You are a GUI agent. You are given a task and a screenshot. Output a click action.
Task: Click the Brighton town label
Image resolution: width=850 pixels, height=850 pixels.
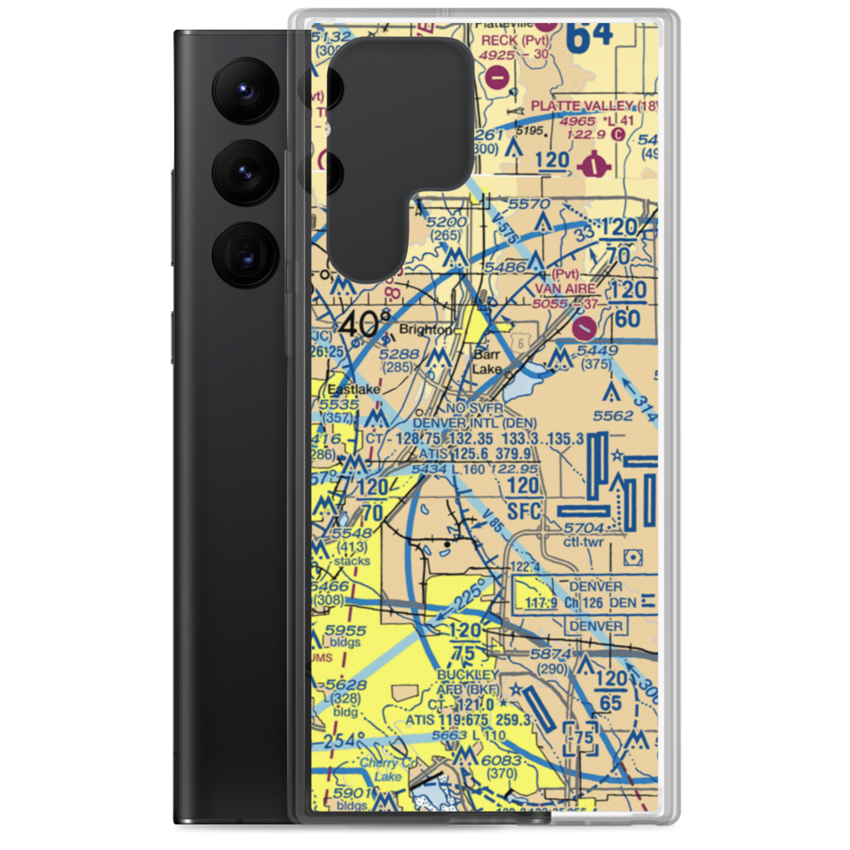[x=427, y=329]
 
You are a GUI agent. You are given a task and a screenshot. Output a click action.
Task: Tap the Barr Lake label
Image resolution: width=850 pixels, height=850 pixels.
[x=487, y=361]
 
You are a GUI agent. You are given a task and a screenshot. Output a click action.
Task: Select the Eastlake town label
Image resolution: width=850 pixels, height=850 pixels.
[x=354, y=389]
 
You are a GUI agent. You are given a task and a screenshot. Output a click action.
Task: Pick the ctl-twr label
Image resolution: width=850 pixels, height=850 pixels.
[x=582, y=541]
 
